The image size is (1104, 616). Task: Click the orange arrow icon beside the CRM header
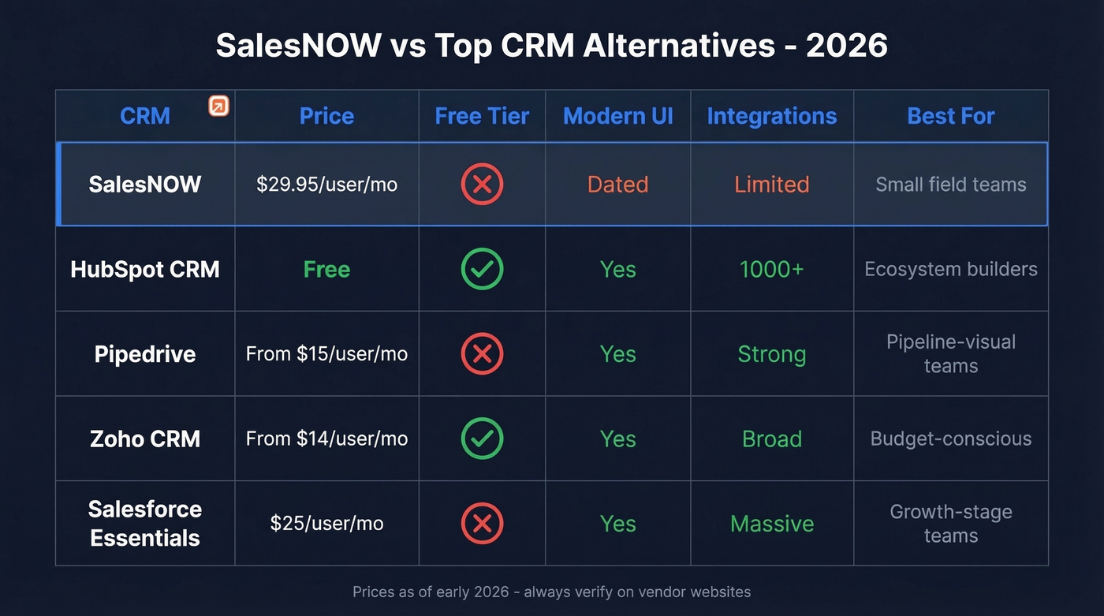tap(218, 106)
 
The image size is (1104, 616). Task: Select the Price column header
tap(326, 116)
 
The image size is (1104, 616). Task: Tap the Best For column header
tap(950, 116)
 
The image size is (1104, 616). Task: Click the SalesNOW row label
tap(145, 185)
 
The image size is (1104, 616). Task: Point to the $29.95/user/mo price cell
tap(326, 185)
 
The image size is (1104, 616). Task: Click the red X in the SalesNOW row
tap(482, 185)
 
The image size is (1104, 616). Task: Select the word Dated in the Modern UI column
tap(617, 185)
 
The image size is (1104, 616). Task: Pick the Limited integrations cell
tap(771, 185)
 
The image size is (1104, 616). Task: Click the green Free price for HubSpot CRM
tap(326, 270)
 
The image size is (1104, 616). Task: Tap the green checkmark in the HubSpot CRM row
tap(482, 269)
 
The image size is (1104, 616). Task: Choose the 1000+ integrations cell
tap(771, 270)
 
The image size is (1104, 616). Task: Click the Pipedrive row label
tap(145, 354)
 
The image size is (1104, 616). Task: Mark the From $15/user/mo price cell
tap(326, 354)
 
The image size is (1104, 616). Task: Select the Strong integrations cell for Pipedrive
tap(771, 354)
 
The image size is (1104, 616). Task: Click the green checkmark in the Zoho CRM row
tap(482, 439)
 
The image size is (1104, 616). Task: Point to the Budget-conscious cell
tap(950, 439)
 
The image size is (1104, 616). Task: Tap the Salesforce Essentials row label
tap(145, 524)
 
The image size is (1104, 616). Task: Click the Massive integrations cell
tap(771, 524)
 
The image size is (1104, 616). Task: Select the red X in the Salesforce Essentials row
tap(482, 524)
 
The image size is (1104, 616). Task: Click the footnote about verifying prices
tap(551, 592)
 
